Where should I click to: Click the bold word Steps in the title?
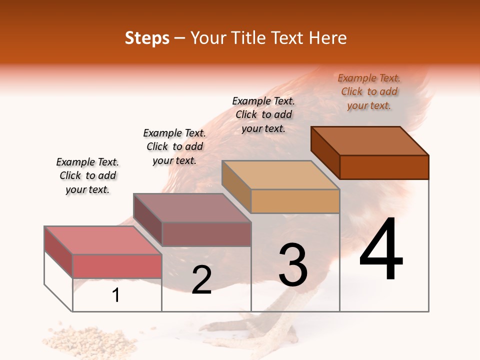[x=147, y=38]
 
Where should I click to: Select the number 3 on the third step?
[x=293, y=265]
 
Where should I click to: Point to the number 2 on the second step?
[x=201, y=280]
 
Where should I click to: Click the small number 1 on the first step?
[x=116, y=295]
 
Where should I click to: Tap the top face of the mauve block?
[x=192, y=208]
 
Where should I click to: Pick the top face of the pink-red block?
[x=103, y=240]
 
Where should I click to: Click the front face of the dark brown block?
[x=384, y=167]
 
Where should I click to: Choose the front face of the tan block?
[x=295, y=201]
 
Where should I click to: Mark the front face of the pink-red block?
[x=117, y=266]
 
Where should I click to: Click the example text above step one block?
[x=87, y=175]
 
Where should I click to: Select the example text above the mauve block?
[x=174, y=146]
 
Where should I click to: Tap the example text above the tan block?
[x=263, y=114]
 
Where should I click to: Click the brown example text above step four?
[x=369, y=91]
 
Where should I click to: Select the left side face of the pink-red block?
[x=59, y=252]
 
